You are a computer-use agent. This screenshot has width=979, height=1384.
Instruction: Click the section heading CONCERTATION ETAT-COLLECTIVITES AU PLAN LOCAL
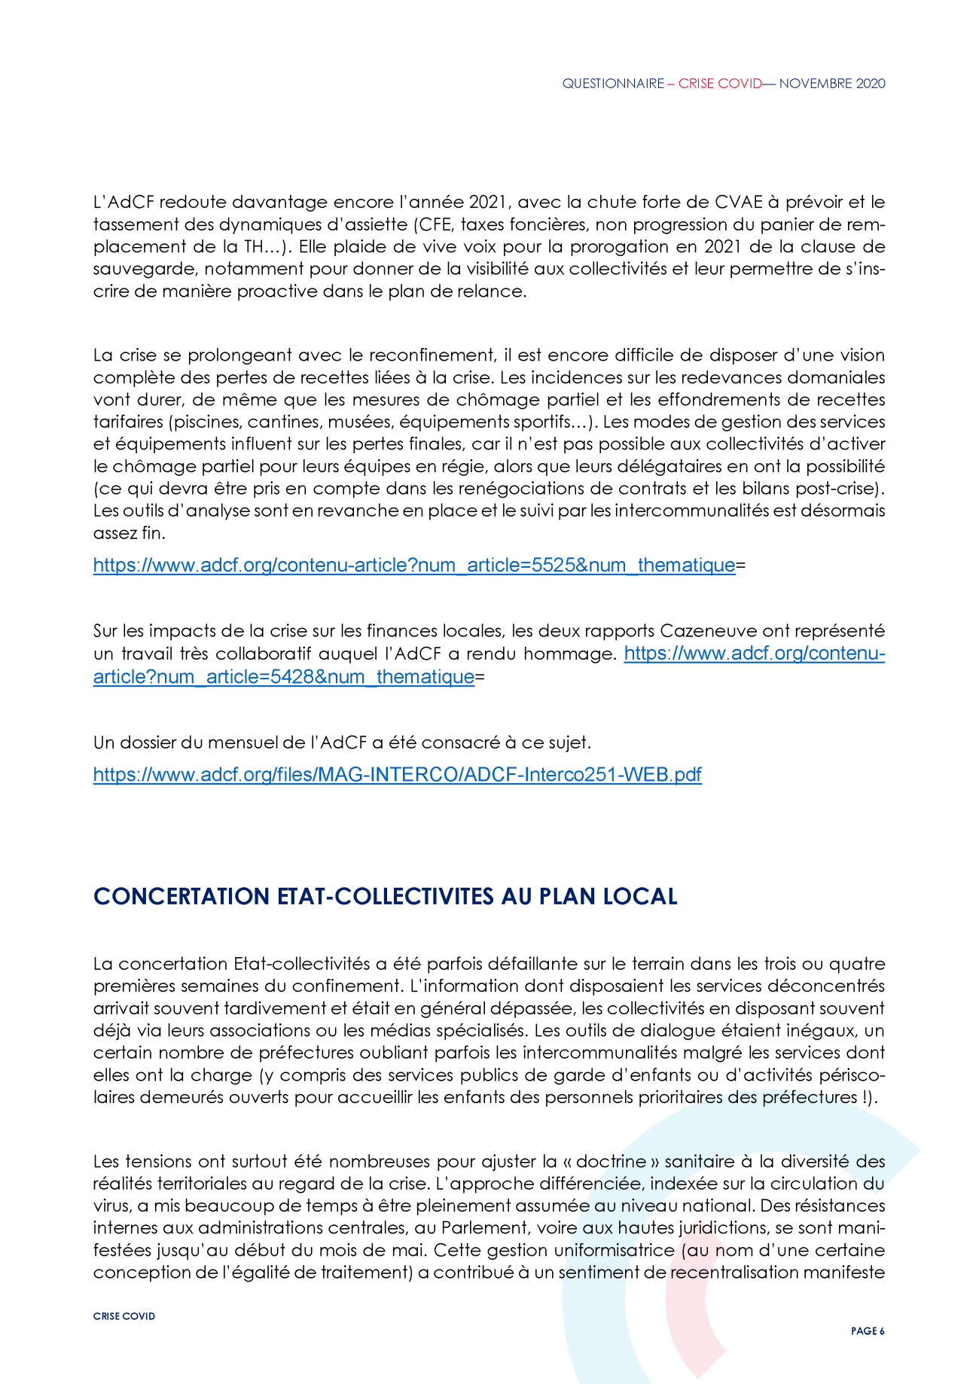(385, 896)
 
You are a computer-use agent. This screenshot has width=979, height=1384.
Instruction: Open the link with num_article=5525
(414, 565)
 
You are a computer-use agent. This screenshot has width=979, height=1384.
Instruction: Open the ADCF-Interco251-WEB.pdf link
(397, 774)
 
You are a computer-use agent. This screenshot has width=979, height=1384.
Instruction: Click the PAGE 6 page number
(868, 1331)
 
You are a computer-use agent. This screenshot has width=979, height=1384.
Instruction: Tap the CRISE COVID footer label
(124, 1316)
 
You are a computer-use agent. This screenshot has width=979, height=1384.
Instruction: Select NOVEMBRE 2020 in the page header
(832, 84)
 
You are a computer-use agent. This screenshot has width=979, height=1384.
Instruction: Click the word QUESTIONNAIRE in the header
(613, 84)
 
